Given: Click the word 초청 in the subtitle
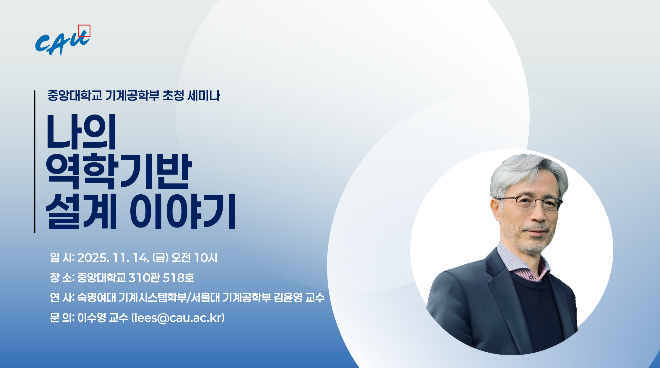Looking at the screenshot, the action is (x=173, y=96).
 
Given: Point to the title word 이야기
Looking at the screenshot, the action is (x=182, y=211).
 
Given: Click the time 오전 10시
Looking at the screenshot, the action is (x=194, y=258).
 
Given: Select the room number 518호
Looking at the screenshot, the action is (x=178, y=278).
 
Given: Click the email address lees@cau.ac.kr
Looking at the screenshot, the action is (x=178, y=318).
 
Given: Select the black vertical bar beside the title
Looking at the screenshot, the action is (x=35, y=162).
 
